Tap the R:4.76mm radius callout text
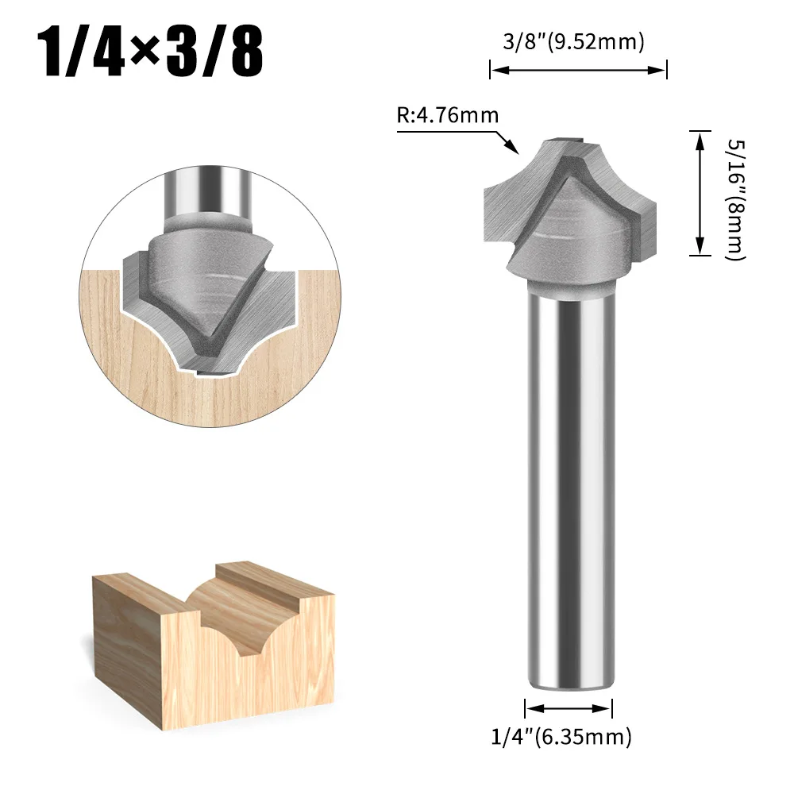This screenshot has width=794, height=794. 448,116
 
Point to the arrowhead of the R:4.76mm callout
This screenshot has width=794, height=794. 515,149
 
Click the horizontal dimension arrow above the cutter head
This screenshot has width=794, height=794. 578,70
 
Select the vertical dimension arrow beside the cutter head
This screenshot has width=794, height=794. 700,193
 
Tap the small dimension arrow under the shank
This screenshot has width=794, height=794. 569,707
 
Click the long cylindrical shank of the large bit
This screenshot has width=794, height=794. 569,476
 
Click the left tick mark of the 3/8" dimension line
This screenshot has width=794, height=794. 490,70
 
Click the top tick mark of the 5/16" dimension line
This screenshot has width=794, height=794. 700,131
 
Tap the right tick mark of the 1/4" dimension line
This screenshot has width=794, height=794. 612,707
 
